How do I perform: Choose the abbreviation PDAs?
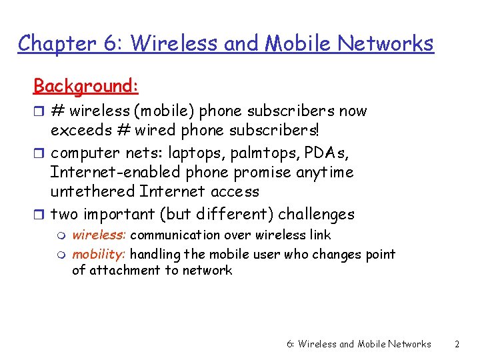[325, 153]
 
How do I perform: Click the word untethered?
[93, 191]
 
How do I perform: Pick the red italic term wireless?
[99, 235]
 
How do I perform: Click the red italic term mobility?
[99, 254]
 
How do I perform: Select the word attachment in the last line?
[126, 270]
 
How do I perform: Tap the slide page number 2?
[457, 344]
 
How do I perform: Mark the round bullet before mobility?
[63, 255]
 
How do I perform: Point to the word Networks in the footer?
[408, 344]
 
